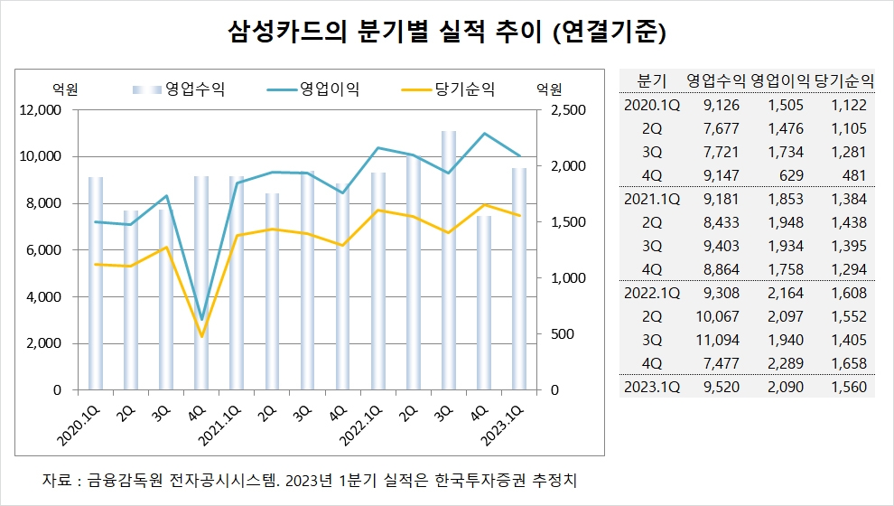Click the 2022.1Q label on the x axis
pos(358,424)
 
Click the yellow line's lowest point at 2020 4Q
pos(201,336)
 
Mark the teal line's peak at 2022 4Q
pos(484,134)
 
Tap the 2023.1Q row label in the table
pos(651,387)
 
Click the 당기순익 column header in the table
pos(844,80)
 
